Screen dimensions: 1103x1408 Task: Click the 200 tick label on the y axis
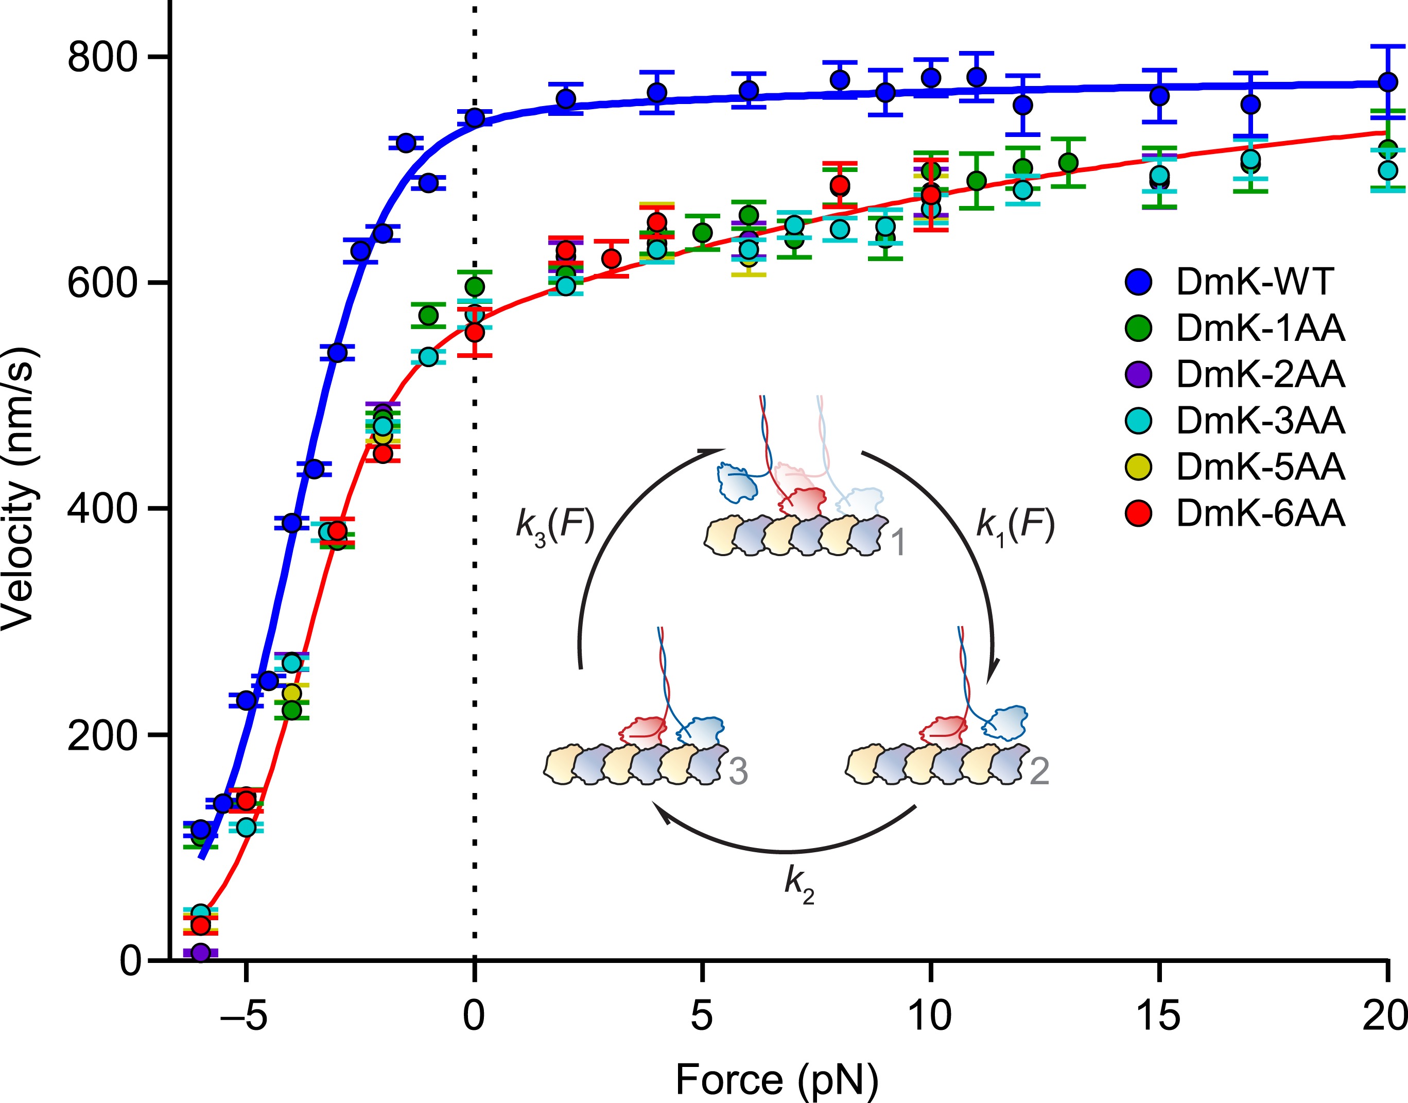[102, 735]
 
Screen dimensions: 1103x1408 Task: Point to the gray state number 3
[738, 770]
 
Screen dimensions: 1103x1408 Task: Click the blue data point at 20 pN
[1387, 82]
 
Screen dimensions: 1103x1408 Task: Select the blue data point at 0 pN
[475, 117]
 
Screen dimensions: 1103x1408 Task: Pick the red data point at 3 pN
[611, 259]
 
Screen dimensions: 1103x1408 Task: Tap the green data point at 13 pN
[1068, 163]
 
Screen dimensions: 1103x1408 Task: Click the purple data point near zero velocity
[201, 952]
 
